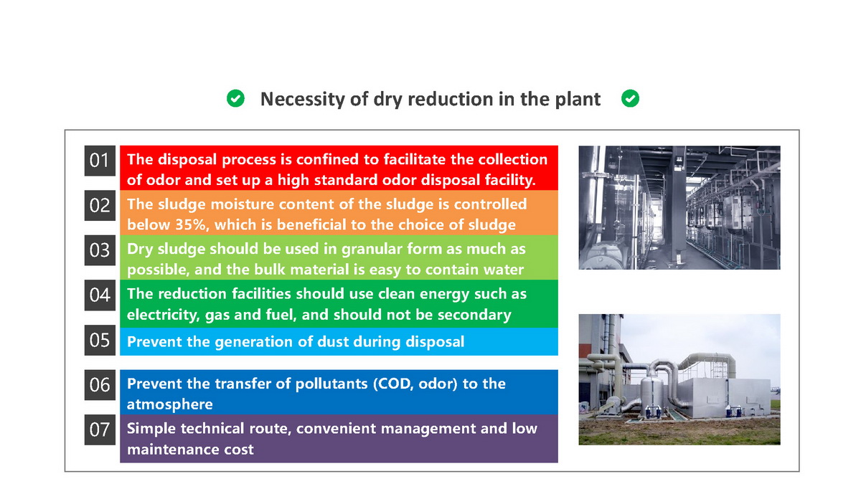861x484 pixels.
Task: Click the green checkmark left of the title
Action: click(x=235, y=98)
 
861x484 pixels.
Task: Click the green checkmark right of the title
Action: click(x=630, y=98)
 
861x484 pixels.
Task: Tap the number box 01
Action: click(x=100, y=161)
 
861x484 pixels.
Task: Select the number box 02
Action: click(x=100, y=206)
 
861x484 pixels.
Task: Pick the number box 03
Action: click(x=100, y=250)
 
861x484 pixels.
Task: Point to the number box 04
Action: click(x=100, y=295)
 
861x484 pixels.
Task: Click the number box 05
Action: click(x=100, y=341)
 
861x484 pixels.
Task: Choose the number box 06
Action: click(x=100, y=385)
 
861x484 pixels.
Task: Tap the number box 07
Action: click(x=100, y=430)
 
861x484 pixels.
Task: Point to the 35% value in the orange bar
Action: click(x=191, y=224)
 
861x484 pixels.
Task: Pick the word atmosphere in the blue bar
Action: click(x=169, y=404)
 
